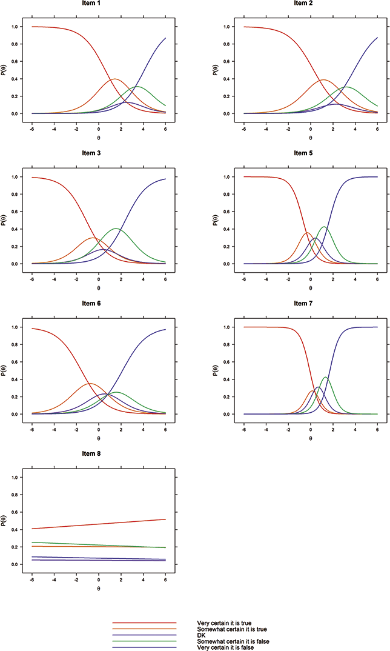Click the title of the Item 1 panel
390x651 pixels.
(98, 4)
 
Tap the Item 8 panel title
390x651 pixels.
(98, 454)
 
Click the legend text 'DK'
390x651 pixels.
(202, 635)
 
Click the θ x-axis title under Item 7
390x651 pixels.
(310, 438)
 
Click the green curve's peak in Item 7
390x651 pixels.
(326, 377)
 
